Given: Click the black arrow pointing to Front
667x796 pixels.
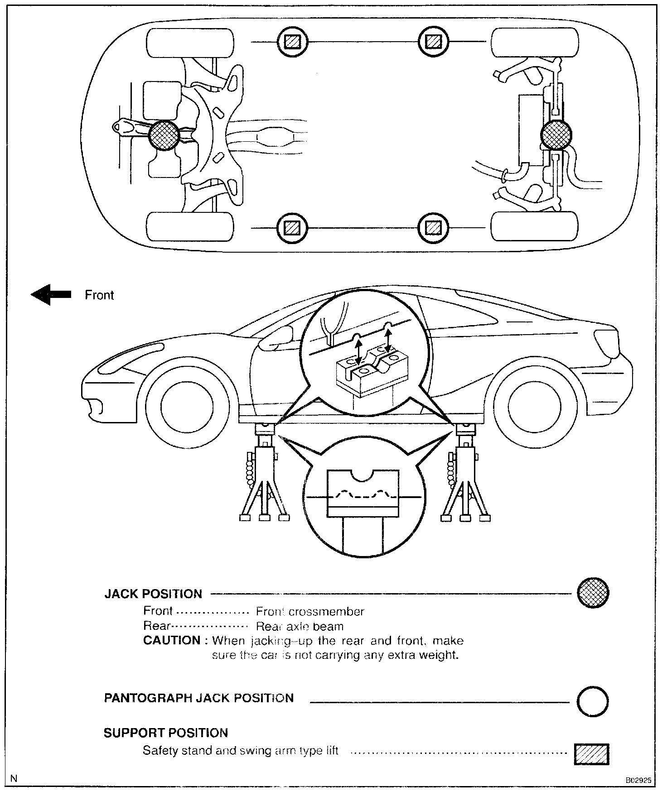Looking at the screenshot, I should [x=51, y=294].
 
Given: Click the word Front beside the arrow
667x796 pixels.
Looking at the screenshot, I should [x=99, y=295].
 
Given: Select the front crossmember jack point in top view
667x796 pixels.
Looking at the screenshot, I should [x=164, y=135].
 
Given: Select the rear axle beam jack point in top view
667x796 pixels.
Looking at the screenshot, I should [x=556, y=135].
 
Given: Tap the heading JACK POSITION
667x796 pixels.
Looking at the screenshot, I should [x=153, y=594].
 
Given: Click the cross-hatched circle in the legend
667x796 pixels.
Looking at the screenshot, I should [x=593, y=593].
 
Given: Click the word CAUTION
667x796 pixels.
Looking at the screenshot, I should [x=172, y=640].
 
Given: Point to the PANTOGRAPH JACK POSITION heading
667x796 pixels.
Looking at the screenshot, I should [x=199, y=698].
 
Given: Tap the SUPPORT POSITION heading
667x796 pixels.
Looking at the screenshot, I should [x=165, y=733].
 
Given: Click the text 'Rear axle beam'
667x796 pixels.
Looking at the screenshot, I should [x=300, y=626].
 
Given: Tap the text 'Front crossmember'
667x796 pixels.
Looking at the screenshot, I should [x=310, y=612].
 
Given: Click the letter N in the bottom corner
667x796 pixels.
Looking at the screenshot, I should [x=14, y=779].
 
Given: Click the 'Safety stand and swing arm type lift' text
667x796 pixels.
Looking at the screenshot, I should [x=241, y=750].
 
